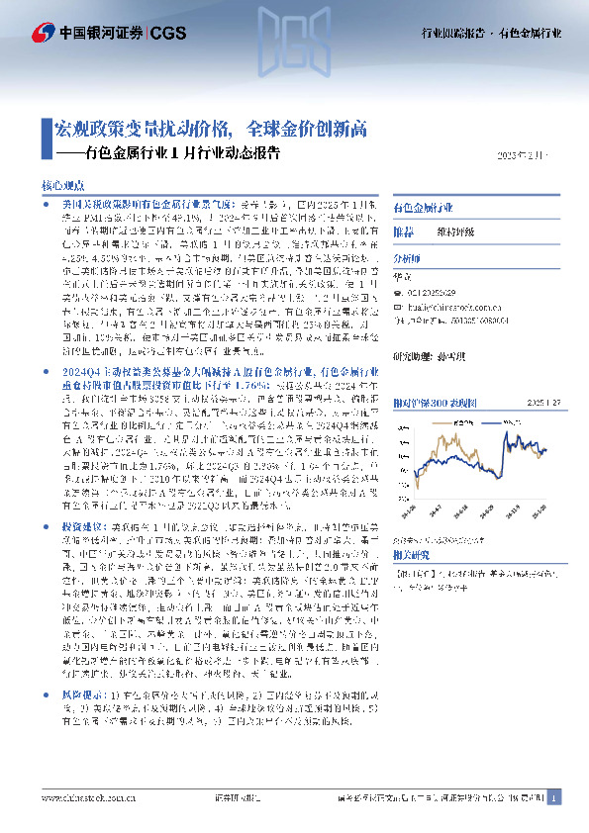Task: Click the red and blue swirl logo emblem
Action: click(44, 33)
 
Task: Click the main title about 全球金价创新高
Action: click(211, 129)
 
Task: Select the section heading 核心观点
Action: click(64, 185)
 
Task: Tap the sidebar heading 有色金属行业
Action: click(423, 210)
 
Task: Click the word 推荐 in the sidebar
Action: click(404, 231)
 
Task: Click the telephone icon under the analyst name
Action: click(399, 294)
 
